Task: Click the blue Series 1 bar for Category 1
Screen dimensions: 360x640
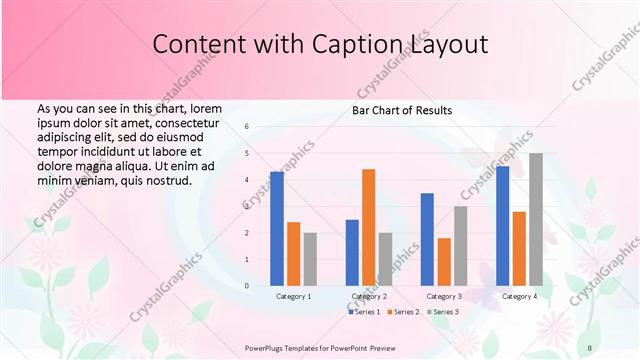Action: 277,229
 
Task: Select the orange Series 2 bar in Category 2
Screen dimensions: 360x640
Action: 368,227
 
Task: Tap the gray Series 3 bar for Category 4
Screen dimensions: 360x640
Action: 536,219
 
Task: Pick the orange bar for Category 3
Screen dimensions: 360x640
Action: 444,262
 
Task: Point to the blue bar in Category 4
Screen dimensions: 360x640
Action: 502,226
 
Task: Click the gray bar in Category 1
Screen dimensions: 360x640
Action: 310,259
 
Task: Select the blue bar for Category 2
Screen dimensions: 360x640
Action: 352,253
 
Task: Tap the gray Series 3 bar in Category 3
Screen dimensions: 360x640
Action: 460,246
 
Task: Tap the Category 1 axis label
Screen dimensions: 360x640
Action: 294,296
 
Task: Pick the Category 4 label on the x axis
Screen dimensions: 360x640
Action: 519,296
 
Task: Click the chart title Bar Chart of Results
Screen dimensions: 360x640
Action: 402,110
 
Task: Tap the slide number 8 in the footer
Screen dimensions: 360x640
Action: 590,348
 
